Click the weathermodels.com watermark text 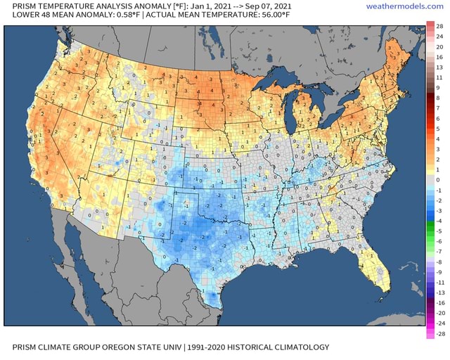(x=406, y=6)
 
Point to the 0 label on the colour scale (x=439, y=179)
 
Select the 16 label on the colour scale (x=439, y=57)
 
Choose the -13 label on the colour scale (x=439, y=292)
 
